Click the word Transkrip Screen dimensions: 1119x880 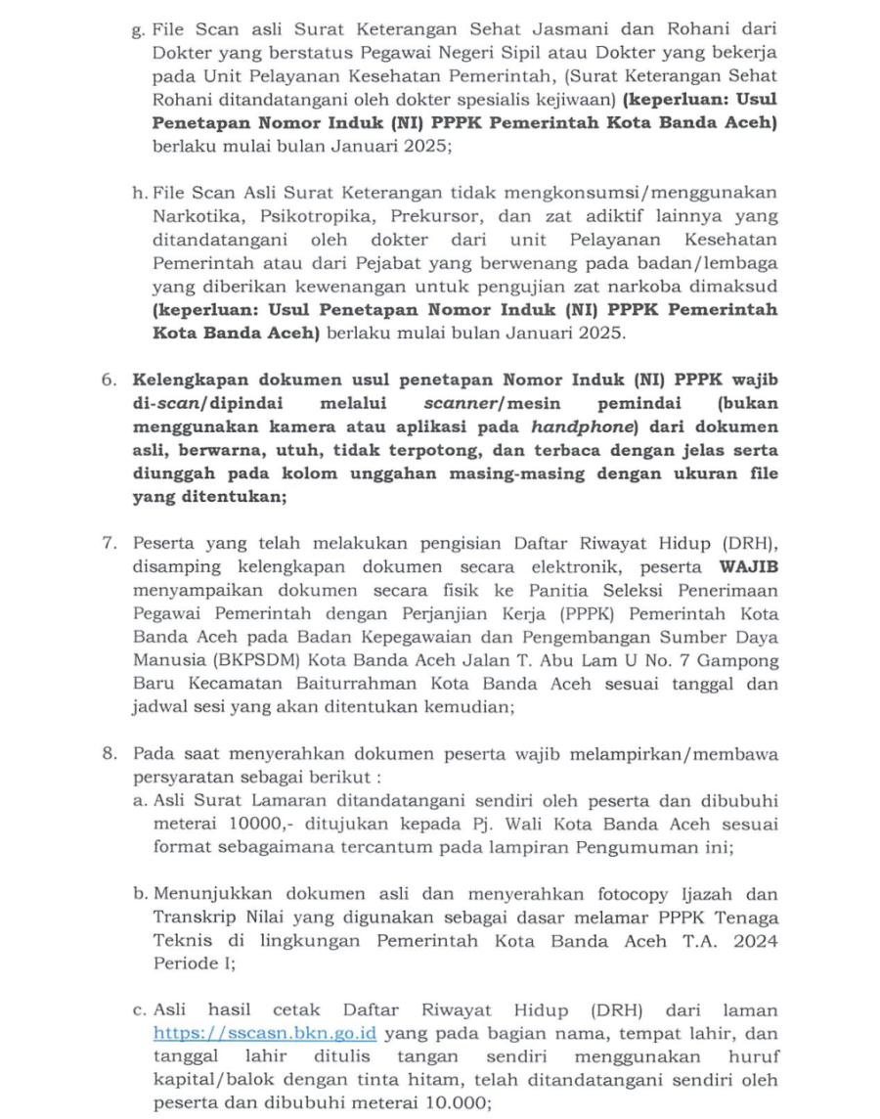pos(192,918)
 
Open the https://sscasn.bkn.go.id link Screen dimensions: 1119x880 pos(265,1034)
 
